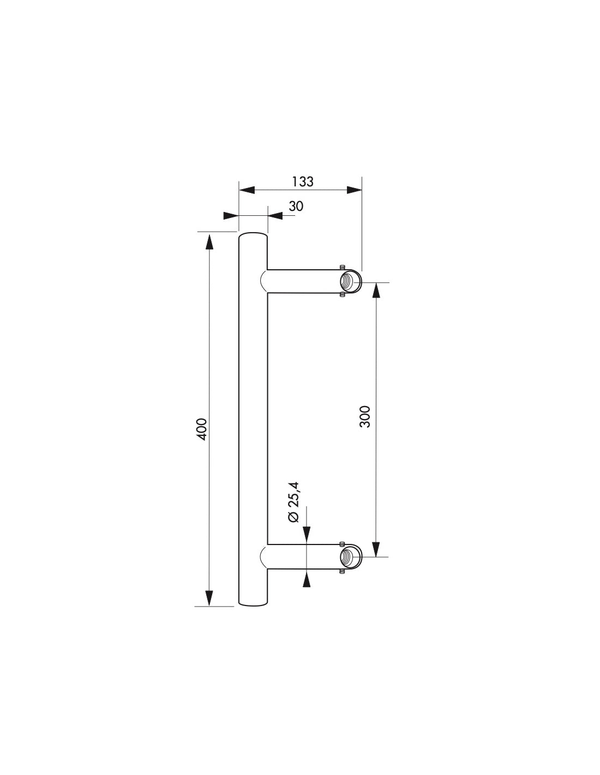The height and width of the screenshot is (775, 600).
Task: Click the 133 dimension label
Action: (302, 181)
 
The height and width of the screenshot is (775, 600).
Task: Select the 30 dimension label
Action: (296, 206)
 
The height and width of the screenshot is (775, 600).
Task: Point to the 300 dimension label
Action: (365, 416)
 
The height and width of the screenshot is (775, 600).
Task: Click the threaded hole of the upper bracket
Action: (348, 282)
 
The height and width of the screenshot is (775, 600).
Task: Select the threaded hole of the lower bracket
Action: (348, 556)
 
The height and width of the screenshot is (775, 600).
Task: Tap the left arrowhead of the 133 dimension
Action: (247, 190)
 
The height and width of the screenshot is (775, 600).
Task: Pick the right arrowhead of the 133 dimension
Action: (354, 190)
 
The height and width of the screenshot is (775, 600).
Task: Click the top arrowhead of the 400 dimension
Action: (209, 240)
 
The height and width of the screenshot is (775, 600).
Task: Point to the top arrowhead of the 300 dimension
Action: (376, 290)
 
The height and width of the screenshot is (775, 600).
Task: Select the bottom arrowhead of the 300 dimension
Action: (376, 549)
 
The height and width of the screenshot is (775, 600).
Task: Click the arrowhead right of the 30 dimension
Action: (275, 216)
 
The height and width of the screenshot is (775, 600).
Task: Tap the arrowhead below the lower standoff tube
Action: (307, 578)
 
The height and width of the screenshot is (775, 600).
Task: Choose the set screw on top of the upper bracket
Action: (341, 267)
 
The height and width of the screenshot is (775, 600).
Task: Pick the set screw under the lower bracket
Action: (341, 572)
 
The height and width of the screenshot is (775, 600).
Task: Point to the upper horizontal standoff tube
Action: (303, 281)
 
